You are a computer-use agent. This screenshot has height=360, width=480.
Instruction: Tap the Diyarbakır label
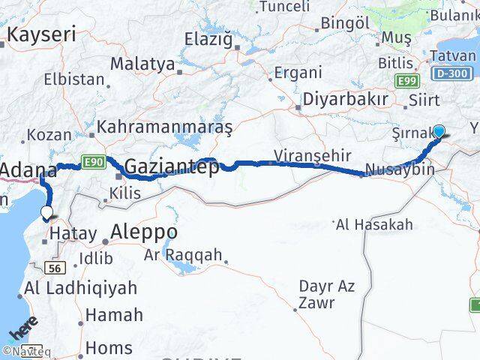[x=345, y=100]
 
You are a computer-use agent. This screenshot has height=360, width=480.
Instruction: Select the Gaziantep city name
[x=172, y=166]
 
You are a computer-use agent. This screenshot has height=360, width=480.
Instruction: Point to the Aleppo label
[x=143, y=232]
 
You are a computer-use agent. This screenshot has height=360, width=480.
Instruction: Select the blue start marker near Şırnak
[x=439, y=131]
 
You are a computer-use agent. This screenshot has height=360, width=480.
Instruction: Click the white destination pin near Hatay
[x=47, y=213]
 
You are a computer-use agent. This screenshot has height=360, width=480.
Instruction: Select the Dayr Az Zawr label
[x=327, y=294]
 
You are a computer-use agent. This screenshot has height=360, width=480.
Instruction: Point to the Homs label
[x=108, y=348]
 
